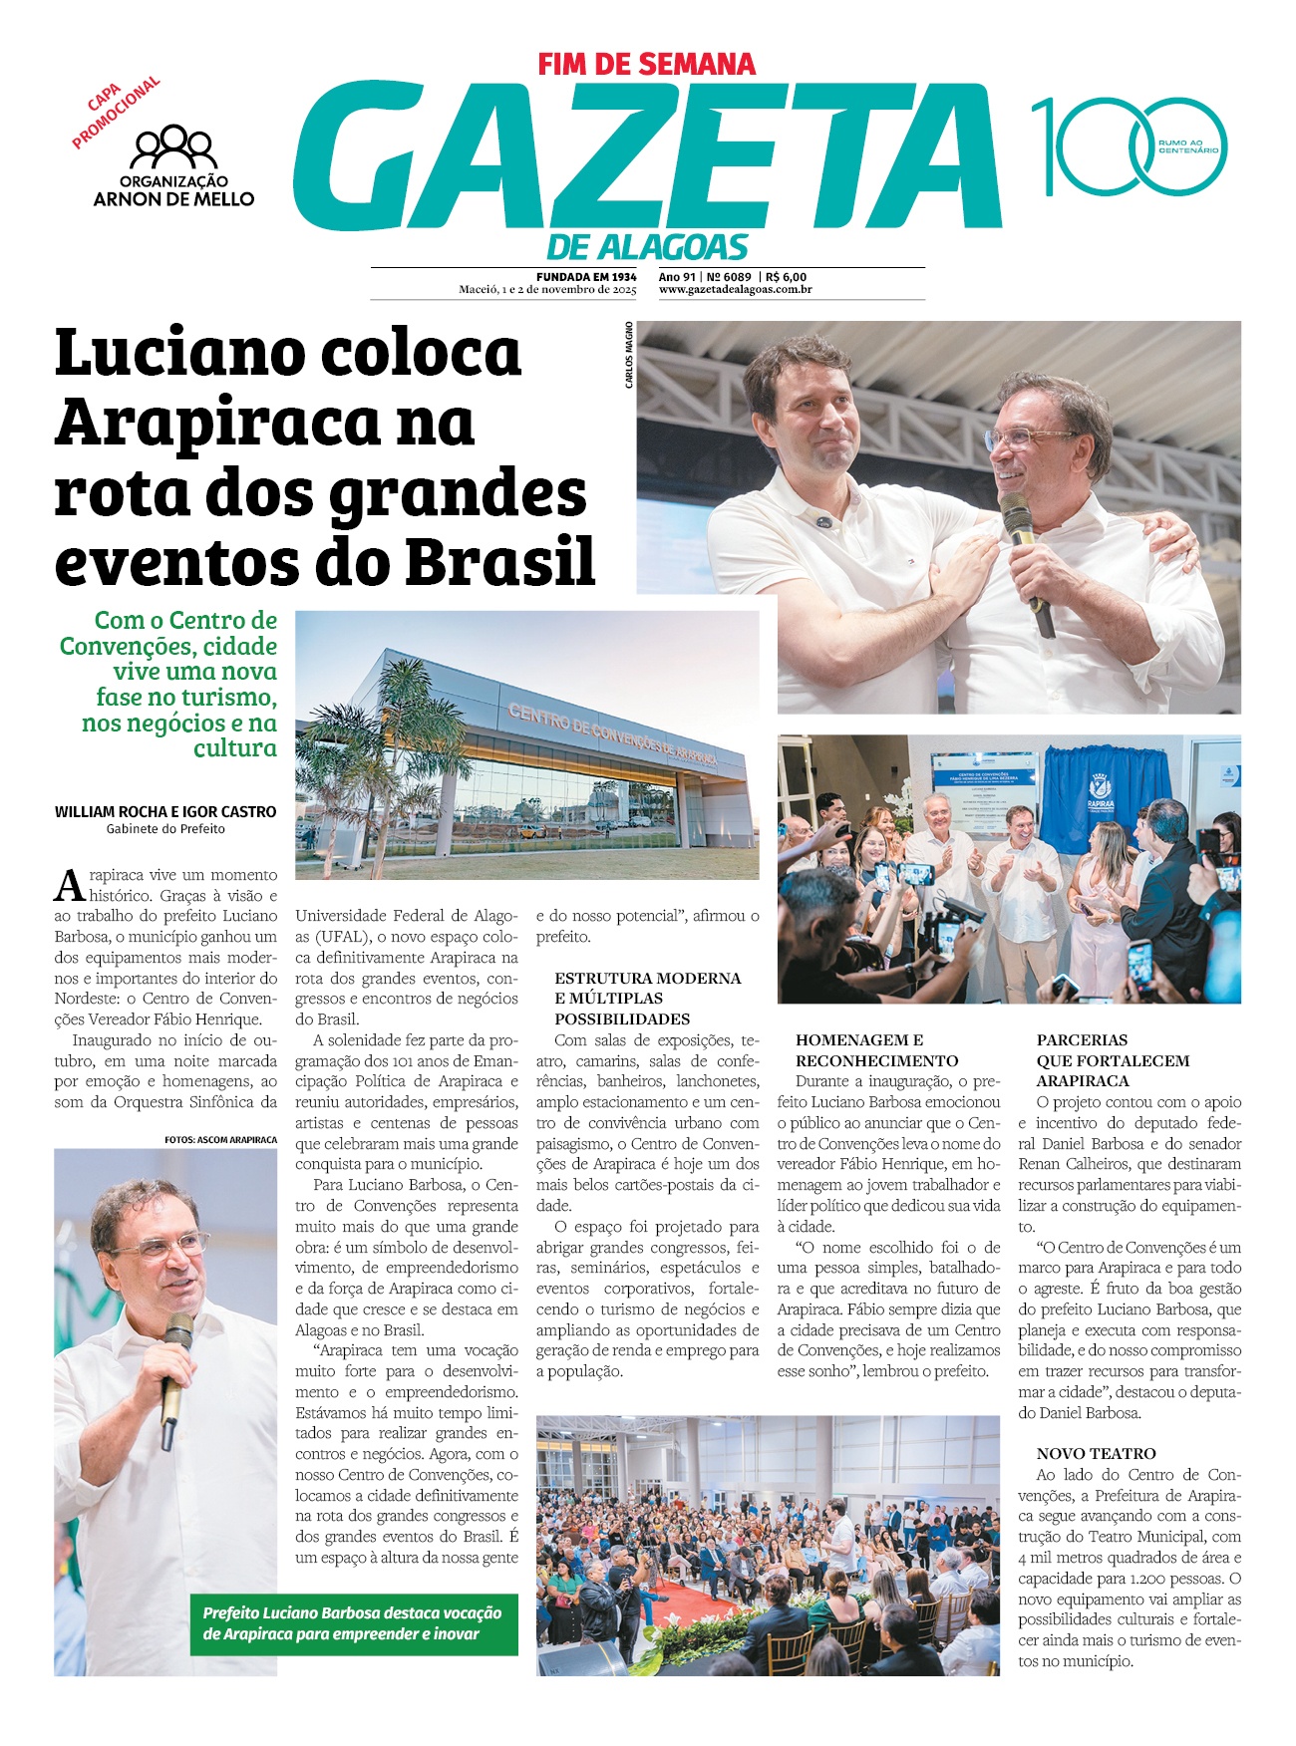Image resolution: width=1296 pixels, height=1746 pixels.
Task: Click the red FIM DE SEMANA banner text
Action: (647, 65)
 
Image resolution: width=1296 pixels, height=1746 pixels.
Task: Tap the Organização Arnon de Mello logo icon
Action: (173, 146)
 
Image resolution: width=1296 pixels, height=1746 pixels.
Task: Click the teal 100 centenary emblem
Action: (1128, 146)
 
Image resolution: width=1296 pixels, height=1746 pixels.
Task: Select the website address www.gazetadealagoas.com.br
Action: (735, 290)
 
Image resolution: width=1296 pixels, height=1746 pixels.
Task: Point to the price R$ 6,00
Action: (787, 277)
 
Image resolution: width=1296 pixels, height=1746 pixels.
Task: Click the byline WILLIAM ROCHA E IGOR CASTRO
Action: (165, 812)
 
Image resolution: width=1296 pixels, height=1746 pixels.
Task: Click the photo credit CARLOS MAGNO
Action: (629, 355)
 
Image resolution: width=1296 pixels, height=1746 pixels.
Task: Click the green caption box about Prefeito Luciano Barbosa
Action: (354, 1624)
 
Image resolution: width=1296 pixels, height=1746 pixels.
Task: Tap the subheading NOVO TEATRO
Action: (1096, 1454)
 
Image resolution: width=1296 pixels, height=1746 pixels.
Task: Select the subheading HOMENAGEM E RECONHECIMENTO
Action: (876, 1050)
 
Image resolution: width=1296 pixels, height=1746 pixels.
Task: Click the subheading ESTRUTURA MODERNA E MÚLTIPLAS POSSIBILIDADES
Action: (647, 999)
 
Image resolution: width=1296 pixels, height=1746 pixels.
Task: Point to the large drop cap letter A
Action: (69, 885)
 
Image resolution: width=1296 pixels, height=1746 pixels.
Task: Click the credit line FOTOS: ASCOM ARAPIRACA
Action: (220, 1139)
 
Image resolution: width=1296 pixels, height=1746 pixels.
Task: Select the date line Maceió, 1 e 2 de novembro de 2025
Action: (547, 290)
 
